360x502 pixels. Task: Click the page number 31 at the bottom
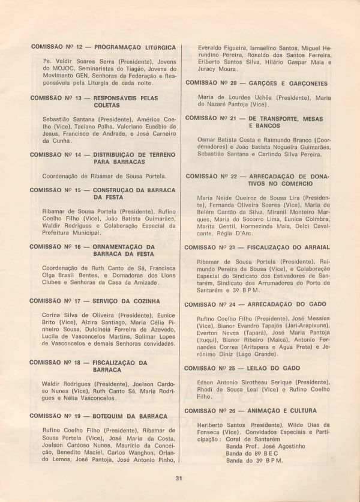(x=179, y=478)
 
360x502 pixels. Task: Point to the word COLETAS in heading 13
(x=106, y=105)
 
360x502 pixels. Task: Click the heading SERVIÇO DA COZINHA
(x=126, y=301)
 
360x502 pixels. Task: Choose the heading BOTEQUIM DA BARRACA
(x=130, y=416)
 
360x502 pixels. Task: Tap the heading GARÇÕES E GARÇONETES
(x=288, y=83)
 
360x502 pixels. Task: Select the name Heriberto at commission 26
(x=214, y=425)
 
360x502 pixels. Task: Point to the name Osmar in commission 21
(x=207, y=139)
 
